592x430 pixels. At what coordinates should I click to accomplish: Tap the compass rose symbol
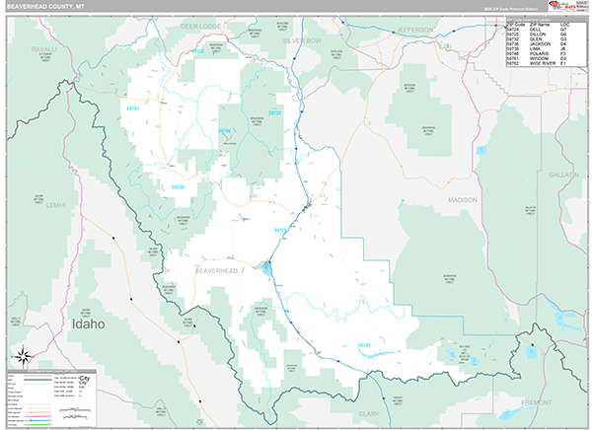pos(21,356)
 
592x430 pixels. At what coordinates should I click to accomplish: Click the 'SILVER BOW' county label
pos(302,41)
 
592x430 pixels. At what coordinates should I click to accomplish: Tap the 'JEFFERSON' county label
pos(416,30)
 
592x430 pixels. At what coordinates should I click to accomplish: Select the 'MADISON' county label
pos(462,200)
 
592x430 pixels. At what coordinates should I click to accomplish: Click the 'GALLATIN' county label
pos(563,174)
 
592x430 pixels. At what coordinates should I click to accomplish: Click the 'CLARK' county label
pos(369,414)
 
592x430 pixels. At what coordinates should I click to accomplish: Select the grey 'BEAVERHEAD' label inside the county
pos(216,270)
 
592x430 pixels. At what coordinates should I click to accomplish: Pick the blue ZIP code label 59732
pos(275,113)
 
